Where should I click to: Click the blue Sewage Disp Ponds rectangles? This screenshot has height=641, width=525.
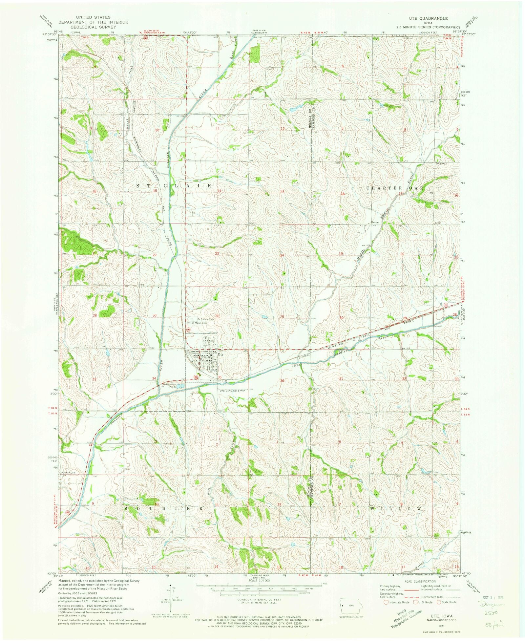click(x=180, y=386)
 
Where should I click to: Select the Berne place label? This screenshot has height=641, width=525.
click(x=375, y=223)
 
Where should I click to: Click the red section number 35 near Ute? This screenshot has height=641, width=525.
click(x=219, y=377)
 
